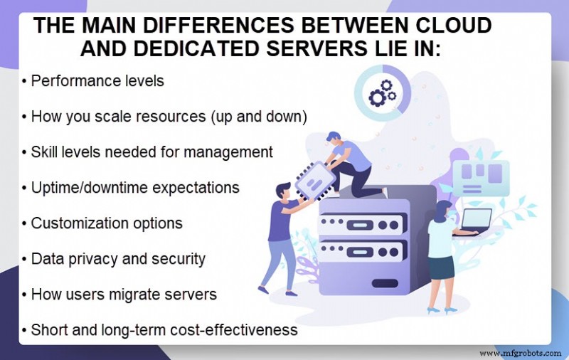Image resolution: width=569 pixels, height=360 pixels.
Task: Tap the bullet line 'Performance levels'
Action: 97,80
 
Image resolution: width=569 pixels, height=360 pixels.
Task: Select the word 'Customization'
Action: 78,223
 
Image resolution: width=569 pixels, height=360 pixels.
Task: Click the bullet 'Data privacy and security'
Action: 118,259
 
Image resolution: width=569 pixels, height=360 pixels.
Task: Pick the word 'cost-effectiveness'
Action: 238,330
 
